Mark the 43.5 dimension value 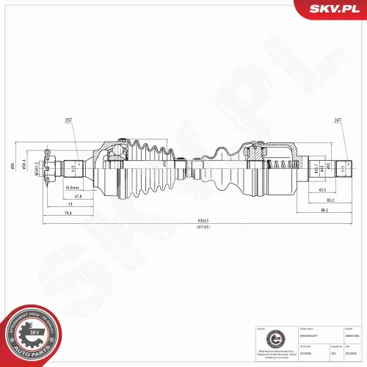[324, 190]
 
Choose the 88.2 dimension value [324, 211]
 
